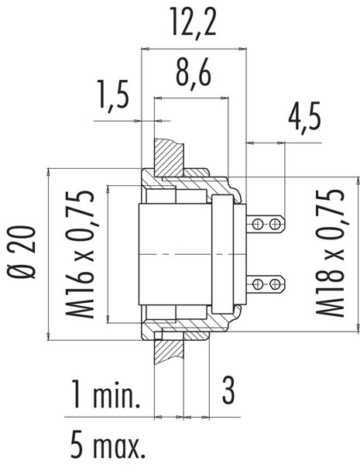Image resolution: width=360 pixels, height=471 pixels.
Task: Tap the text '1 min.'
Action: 107,397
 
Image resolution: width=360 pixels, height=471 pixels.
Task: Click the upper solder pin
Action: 263,224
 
